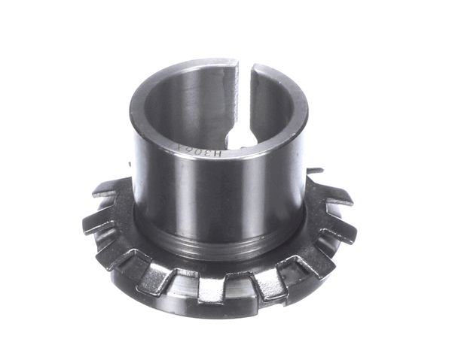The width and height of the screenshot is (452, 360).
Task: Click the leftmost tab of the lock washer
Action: tap(93, 222)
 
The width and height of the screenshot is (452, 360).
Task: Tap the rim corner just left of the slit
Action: tap(235, 66)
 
